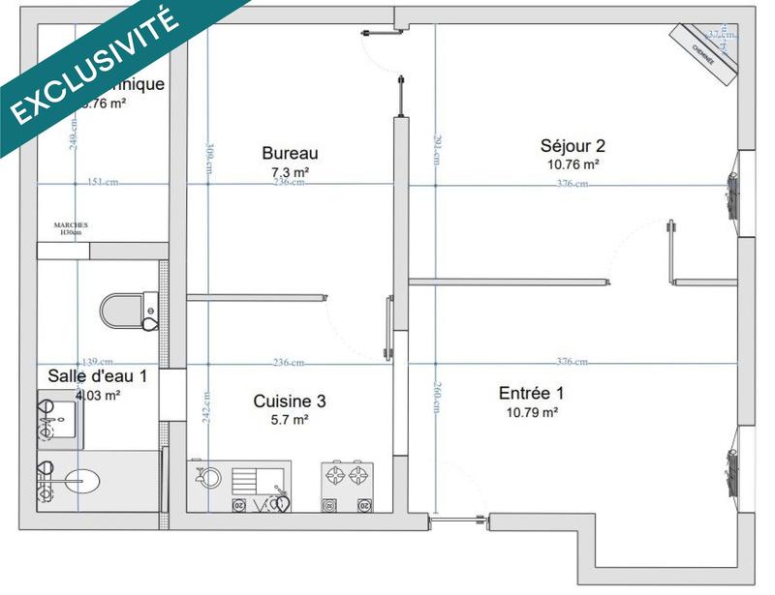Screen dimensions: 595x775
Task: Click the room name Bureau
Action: [x=290, y=153]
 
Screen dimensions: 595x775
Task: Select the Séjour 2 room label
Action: [x=573, y=146]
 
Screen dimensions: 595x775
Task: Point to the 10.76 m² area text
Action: [x=573, y=164]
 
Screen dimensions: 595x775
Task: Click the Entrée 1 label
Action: [x=531, y=394]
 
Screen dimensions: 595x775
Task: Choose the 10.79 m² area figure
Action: [x=531, y=412]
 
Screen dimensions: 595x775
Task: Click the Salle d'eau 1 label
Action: [x=98, y=375]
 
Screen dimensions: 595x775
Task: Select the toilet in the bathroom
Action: [x=126, y=310]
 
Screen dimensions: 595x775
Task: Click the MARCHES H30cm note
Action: [x=71, y=228]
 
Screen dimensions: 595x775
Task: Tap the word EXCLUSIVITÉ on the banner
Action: [x=92, y=63]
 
